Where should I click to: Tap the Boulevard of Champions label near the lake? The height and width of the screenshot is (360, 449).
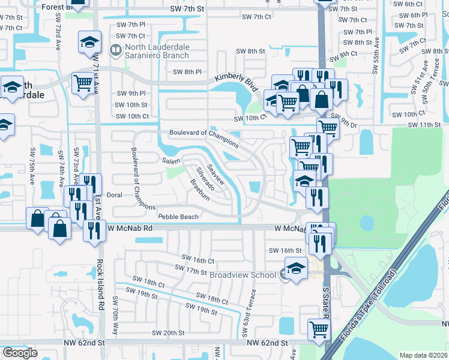point(204,139)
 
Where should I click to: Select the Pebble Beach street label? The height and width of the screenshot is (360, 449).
point(178,216)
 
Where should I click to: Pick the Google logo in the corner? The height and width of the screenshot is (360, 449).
point(20,353)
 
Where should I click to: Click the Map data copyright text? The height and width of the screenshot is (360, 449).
point(423,355)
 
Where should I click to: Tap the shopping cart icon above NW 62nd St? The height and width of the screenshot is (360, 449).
point(319,329)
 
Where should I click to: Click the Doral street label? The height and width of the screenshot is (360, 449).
point(114,196)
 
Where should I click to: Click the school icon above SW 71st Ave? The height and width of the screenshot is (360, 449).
point(89,43)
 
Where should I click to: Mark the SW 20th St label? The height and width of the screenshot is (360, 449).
point(168,333)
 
